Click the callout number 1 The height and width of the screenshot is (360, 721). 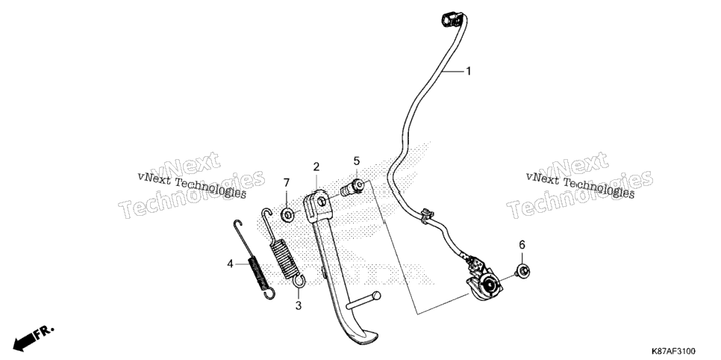469,72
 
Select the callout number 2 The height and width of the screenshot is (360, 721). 316,167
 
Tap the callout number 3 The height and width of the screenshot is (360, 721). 299,305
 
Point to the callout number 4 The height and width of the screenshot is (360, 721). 230,264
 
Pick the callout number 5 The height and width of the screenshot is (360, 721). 356,161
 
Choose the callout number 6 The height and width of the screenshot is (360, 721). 522,245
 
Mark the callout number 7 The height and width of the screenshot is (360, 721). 286,183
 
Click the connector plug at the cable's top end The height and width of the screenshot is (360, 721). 450,19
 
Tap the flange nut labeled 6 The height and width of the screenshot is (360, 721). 522,270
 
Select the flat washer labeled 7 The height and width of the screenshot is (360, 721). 287,214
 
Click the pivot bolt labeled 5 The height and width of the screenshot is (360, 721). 353,187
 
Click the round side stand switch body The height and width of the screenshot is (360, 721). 488,285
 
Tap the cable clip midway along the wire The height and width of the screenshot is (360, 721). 426,215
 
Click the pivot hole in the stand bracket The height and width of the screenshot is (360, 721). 322,201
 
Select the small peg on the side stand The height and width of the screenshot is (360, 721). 363,300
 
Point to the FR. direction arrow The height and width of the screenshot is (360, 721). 34,337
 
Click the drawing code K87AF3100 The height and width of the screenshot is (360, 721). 672,351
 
